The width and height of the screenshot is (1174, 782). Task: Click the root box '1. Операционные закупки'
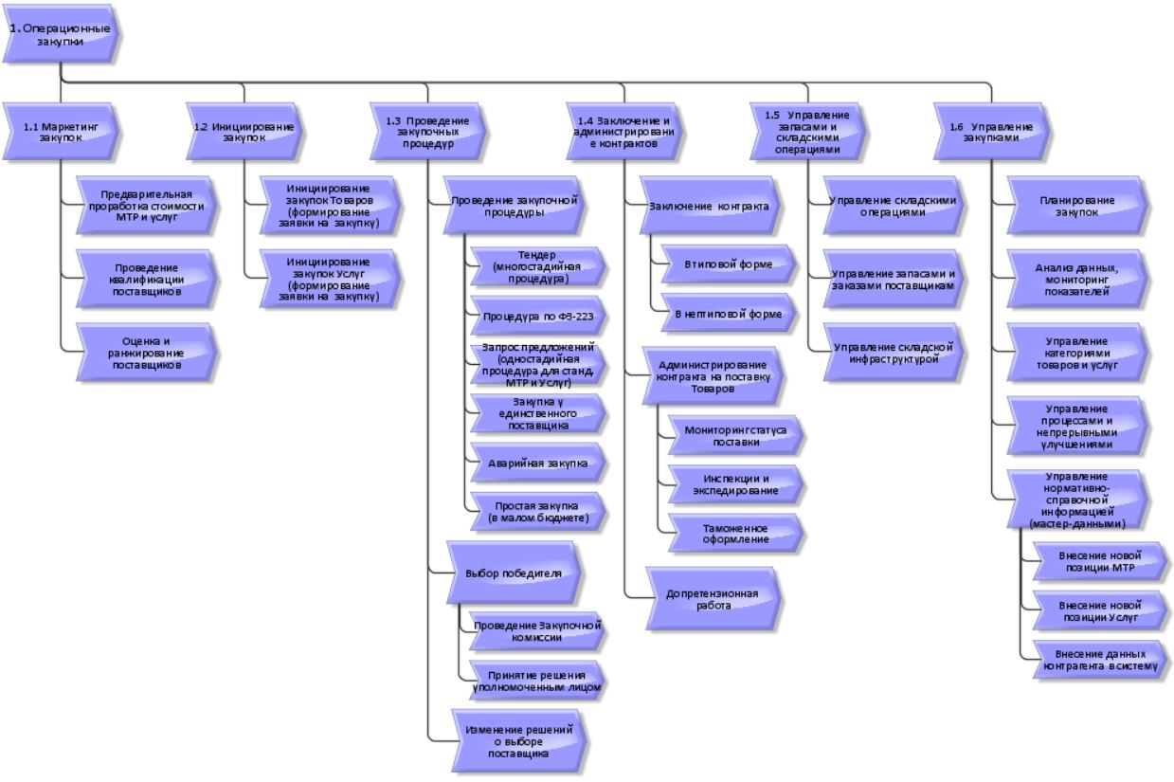pos(61,35)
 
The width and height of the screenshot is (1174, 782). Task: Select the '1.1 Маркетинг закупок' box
pos(61,131)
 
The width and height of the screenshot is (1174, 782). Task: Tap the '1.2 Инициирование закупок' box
pos(243,131)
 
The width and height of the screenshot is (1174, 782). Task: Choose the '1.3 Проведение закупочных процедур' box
pos(427,131)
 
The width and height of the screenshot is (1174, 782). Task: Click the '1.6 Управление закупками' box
pos(990,131)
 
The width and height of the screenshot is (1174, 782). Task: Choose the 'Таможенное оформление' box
pos(735,534)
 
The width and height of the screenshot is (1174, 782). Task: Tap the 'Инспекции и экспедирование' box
pos(735,483)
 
